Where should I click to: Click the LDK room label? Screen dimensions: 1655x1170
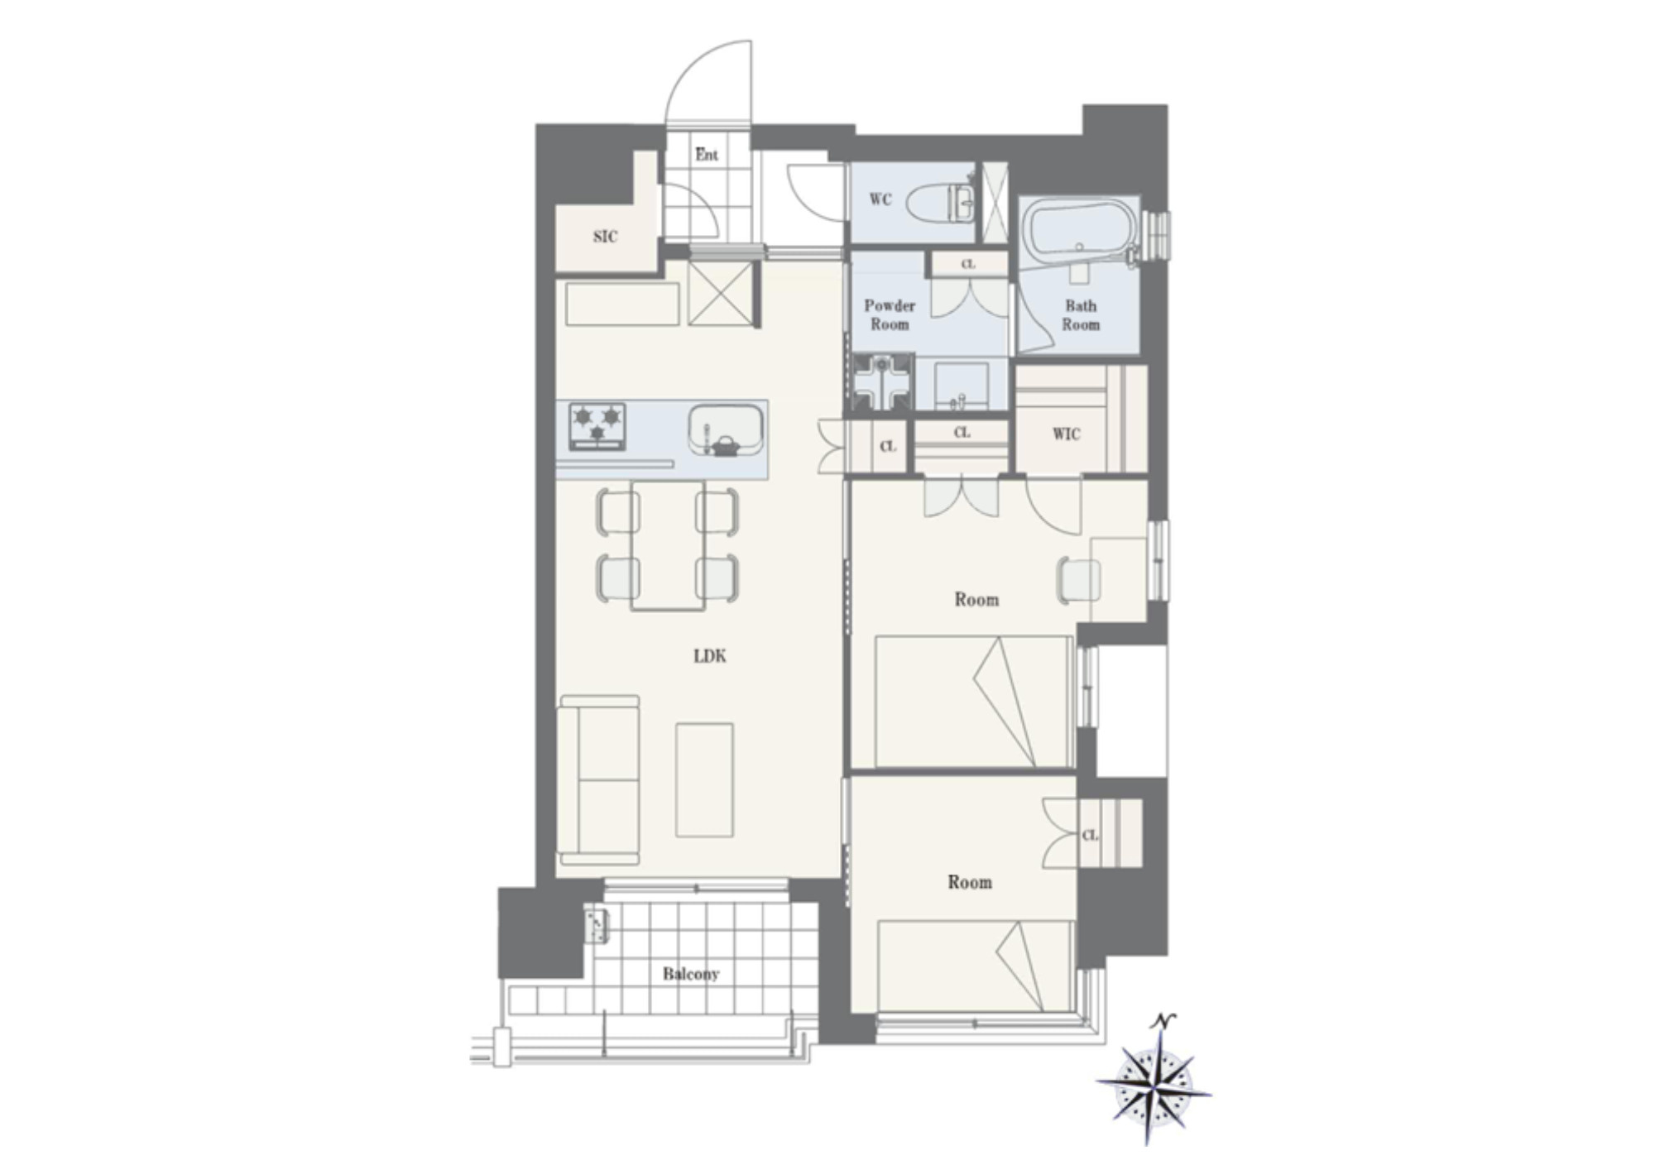(710, 656)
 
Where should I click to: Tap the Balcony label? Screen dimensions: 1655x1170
(691, 974)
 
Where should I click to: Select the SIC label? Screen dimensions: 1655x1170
(605, 237)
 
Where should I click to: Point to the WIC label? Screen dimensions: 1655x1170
(1066, 434)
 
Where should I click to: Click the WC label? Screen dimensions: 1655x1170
(880, 199)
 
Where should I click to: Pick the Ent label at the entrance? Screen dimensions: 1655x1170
(707, 155)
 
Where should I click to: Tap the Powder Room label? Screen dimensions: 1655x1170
(890, 315)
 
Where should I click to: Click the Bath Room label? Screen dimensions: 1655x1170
(1081, 315)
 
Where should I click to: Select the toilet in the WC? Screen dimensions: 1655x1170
(941, 203)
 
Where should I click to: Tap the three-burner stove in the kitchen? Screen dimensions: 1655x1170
(597, 426)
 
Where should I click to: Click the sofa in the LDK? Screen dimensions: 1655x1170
(599, 780)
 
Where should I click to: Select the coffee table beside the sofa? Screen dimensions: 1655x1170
(704, 780)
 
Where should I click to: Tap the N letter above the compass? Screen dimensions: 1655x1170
(1163, 1021)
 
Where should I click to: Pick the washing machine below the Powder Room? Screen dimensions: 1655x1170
(884, 382)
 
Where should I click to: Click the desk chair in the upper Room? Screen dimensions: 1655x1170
(1079, 578)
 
